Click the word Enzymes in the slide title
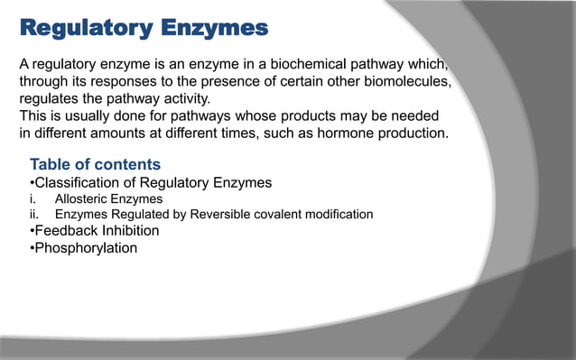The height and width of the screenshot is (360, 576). pos(215,29)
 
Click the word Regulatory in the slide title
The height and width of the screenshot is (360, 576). pos(85,29)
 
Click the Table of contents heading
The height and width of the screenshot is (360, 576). pos(96,164)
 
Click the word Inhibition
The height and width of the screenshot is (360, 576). pos(129,230)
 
